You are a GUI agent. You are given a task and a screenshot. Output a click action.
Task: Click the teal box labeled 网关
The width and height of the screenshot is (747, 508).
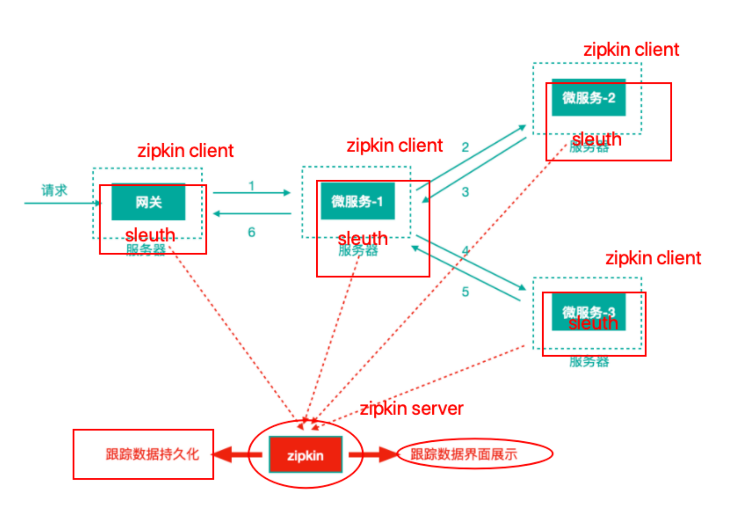[148, 202]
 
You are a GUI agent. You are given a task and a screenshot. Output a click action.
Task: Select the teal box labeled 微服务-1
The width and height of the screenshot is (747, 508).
[358, 201]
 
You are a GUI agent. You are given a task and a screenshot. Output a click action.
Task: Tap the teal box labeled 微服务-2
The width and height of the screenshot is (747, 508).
[589, 98]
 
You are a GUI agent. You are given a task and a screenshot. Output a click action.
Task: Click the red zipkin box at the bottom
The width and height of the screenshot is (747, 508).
[306, 455]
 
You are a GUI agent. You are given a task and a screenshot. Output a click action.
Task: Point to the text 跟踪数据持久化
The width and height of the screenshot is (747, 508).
[152, 454]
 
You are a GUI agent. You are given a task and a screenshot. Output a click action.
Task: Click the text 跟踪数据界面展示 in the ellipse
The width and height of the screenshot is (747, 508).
[464, 454]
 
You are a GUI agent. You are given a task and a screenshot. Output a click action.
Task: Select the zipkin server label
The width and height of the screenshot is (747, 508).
[411, 409]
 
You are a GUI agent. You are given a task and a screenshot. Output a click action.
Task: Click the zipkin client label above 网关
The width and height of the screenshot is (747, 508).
[185, 150]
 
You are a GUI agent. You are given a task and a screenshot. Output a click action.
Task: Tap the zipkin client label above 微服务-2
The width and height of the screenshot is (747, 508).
[631, 49]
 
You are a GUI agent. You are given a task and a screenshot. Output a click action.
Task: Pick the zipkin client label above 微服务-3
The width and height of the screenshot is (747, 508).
[653, 258]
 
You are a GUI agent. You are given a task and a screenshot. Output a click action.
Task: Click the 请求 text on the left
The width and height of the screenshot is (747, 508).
[54, 190]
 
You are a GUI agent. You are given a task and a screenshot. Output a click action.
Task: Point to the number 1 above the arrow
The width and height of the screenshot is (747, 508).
[251, 186]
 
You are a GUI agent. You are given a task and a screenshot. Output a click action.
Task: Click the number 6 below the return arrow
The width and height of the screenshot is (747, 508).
[251, 232]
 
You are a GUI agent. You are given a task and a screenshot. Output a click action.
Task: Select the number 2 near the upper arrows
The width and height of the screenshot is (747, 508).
[465, 147]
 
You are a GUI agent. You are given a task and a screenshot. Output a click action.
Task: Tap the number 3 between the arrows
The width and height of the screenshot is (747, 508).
[465, 192]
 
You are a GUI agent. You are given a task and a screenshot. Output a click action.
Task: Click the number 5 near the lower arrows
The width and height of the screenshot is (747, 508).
[465, 292]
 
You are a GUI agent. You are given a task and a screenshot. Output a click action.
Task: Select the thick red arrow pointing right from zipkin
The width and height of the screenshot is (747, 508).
[373, 455]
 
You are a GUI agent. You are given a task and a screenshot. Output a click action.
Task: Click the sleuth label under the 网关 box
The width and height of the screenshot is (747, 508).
[150, 234]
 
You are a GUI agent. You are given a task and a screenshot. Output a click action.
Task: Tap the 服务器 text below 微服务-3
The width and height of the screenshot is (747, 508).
[589, 362]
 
